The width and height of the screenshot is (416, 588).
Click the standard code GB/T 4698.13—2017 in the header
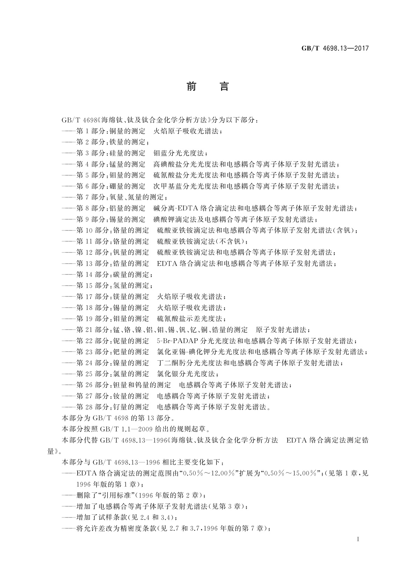tap(335, 49)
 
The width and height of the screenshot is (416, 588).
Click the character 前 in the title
tap(191, 86)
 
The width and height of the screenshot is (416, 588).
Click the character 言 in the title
tap(224, 86)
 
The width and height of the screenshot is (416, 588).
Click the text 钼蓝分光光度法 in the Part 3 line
tap(180, 153)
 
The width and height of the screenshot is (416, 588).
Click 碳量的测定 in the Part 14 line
tap(133, 274)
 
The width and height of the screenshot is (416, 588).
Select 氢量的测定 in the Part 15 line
tap(133, 285)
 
